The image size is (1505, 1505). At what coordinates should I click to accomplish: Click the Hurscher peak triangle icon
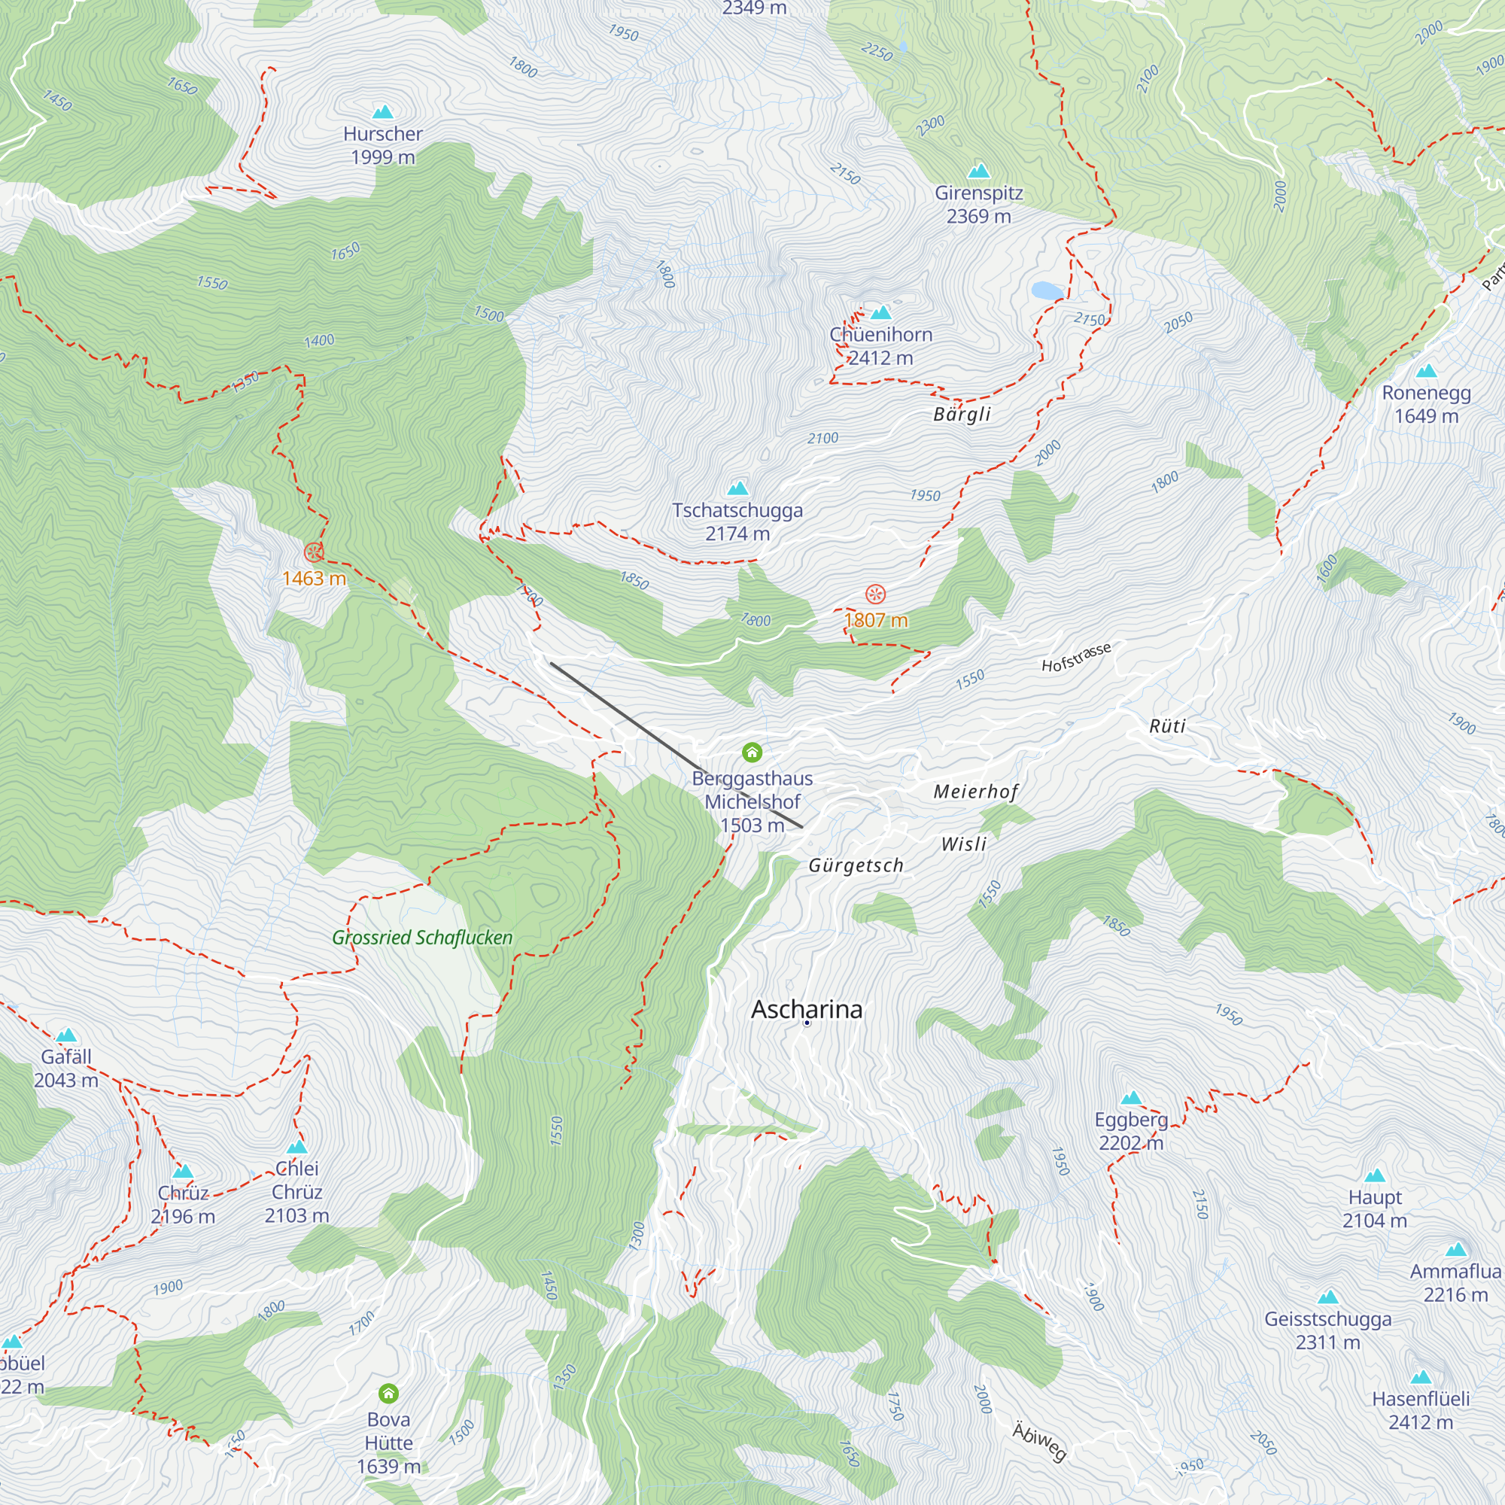[x=382, y=112]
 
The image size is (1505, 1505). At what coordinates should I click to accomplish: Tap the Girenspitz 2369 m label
[x=978, y=204]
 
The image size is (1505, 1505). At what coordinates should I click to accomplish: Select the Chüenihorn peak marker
[x=880, y=313]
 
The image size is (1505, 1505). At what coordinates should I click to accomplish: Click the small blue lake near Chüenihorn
[x=1047, y=291]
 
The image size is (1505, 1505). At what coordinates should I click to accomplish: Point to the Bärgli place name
[x=962, y=414]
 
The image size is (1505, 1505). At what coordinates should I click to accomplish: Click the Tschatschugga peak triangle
[x=737, y=489]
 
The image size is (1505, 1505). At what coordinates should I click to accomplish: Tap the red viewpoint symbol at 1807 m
[x=876, y=595]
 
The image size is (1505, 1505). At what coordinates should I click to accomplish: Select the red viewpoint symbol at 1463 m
[x=314, y=553]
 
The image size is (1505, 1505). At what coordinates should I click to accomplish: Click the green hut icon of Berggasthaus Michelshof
[x=752, y=752]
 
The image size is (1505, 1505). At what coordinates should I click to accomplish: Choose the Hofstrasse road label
[x=1076, y=658]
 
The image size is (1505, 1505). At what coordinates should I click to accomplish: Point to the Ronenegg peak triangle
[x=1426, y=371]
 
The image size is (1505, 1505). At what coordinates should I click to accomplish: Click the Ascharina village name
[x=806, y=1011]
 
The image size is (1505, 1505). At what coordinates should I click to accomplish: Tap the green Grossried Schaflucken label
[x=422, y=938]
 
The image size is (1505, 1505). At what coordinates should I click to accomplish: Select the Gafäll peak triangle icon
[x=66, y=1035]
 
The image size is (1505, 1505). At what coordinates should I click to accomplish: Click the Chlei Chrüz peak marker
[x=296, y=1148]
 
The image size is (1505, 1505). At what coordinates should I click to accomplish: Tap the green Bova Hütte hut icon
[x=388, y=1394]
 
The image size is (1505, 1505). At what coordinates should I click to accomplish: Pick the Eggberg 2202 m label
[x=1131, y=1131]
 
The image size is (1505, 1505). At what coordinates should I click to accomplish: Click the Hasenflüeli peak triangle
[x=1421, y=1377]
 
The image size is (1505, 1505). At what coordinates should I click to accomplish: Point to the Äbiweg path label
[x=1039, y=1440]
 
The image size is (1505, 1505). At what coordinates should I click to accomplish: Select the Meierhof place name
[x=975, y=792]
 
